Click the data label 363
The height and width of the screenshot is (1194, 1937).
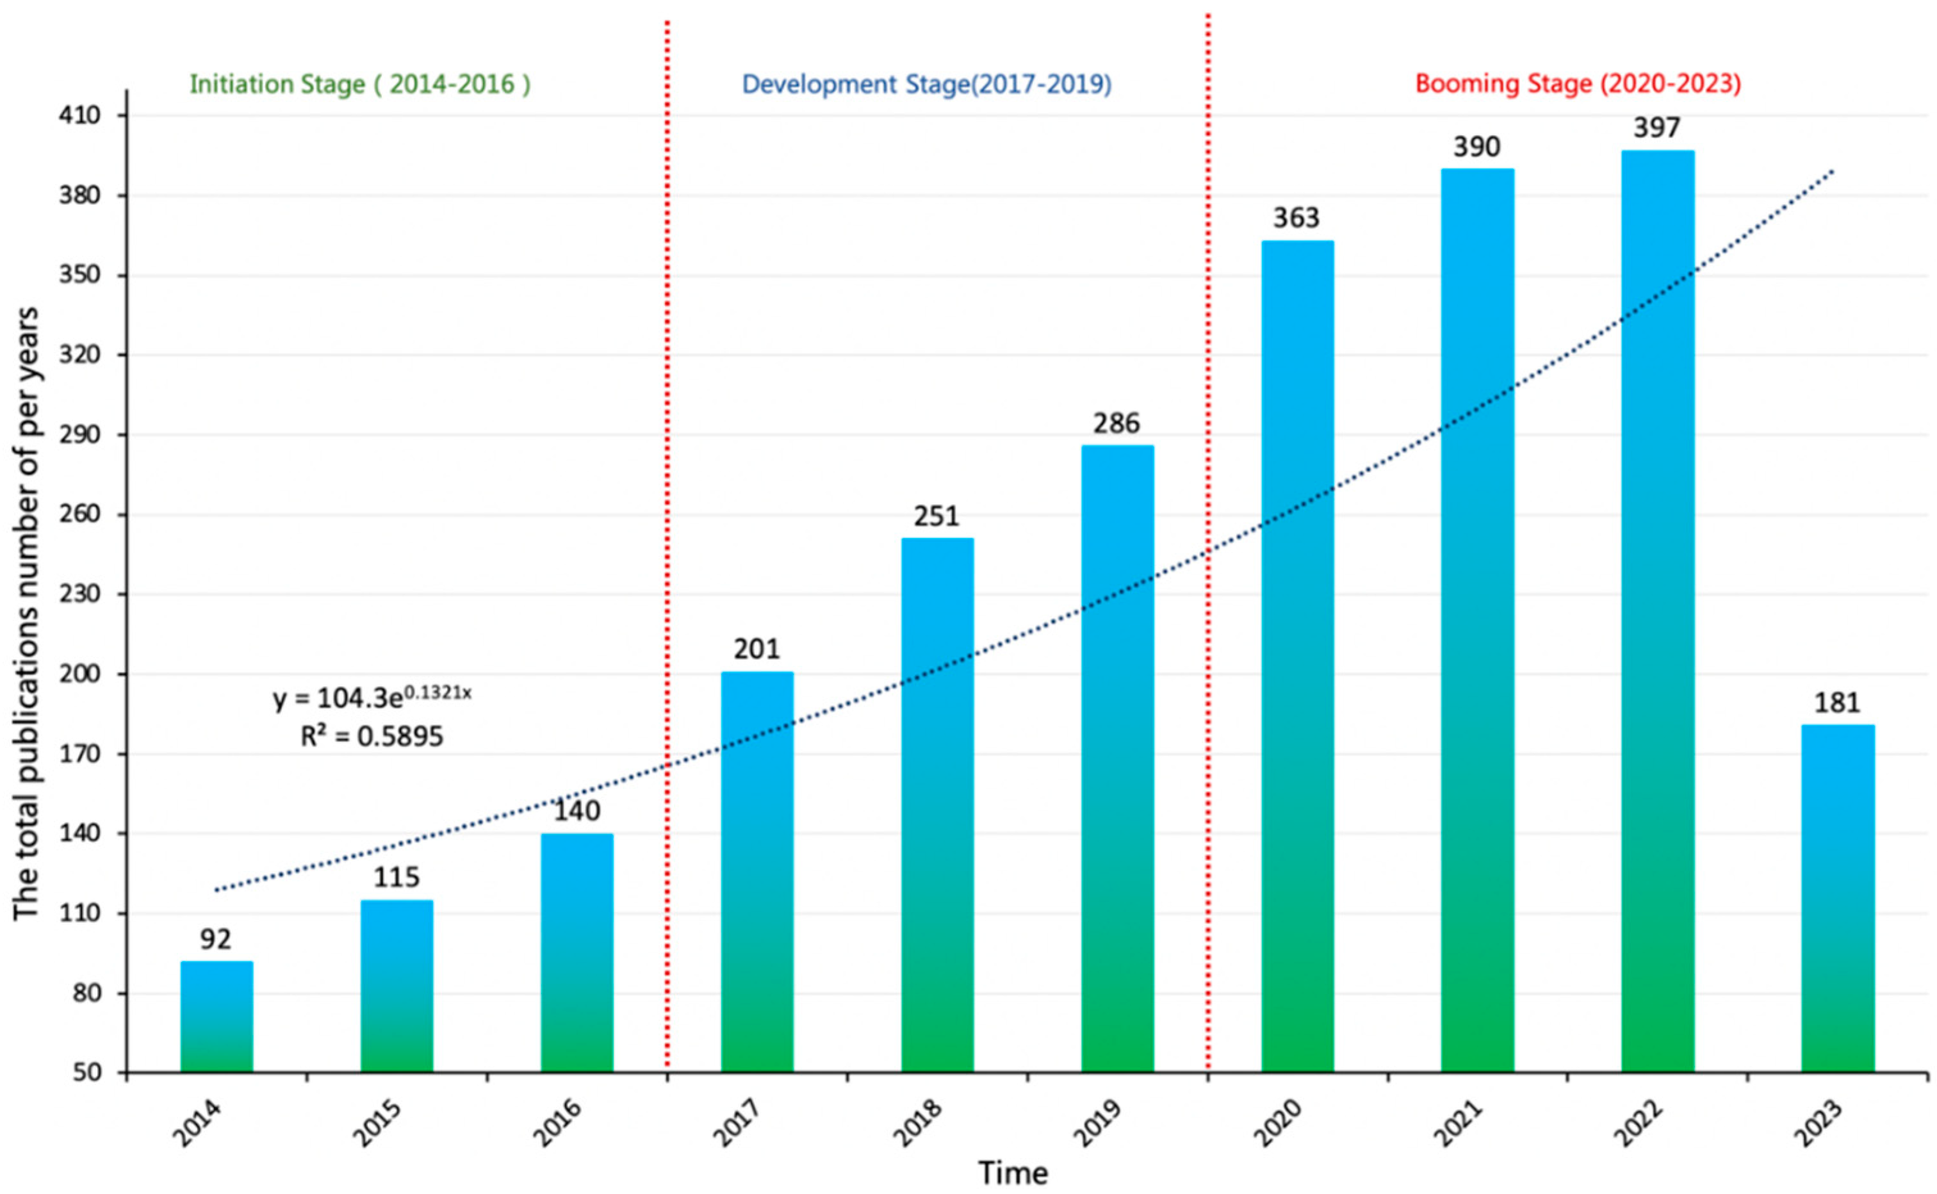pos(1296,218)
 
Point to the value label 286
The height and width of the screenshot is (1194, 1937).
pos(1116,423)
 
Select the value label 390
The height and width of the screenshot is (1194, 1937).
pos(1476,147)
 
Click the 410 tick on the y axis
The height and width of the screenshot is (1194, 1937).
pos(80,116)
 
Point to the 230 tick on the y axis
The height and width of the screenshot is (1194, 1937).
pos(80,594)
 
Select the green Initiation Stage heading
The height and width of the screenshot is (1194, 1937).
pos(360,84)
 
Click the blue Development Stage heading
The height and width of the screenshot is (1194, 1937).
pos(927,84)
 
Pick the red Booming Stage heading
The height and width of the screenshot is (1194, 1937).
pos(1578,84)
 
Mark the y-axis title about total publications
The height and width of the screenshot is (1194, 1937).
pos(27,613)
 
